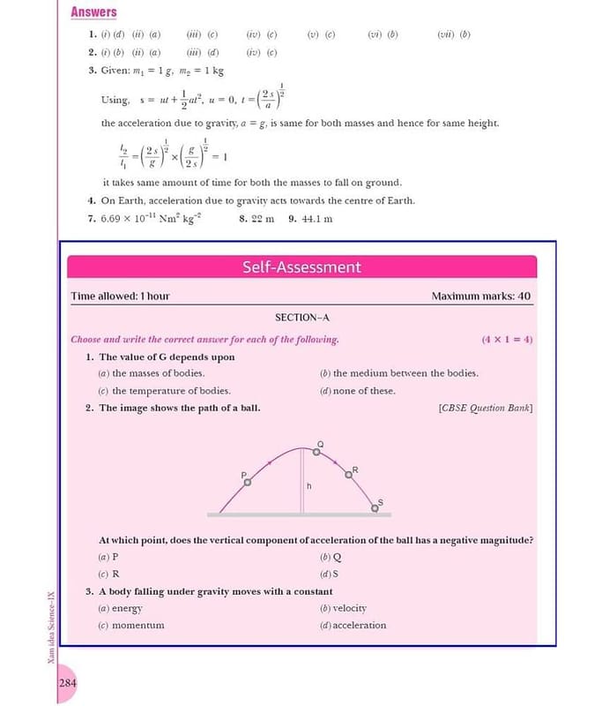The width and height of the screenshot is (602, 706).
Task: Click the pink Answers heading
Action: click(x=93, y=11)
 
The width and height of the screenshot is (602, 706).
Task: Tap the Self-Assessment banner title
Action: click(x=301, y=267)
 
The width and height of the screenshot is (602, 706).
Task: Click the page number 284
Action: click(x=68, y=684)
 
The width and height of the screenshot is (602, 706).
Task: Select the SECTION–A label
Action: click(x=301, y=317)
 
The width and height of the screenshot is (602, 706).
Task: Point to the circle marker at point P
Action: click(x=248, y=482)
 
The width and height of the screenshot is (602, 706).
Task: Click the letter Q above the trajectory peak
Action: click(x=320, y=443)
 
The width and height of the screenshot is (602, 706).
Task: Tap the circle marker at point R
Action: click(x=349, y=475)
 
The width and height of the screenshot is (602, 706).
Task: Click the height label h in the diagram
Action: click(x=309, y=485)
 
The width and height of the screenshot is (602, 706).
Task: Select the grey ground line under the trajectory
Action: click(x=301, y=514)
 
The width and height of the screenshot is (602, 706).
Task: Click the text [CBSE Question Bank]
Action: click(x=485, y=408)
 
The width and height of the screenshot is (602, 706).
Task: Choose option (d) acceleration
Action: click(x=353, y=625)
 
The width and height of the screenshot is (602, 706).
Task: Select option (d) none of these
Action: click(x=358, y=391)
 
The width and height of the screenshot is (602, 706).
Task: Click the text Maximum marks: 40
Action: click(x=480, y=296)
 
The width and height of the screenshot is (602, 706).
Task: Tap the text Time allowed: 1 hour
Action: click(x=120, y=296)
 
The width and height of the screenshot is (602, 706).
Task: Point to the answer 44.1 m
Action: click(x=316, y=218)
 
